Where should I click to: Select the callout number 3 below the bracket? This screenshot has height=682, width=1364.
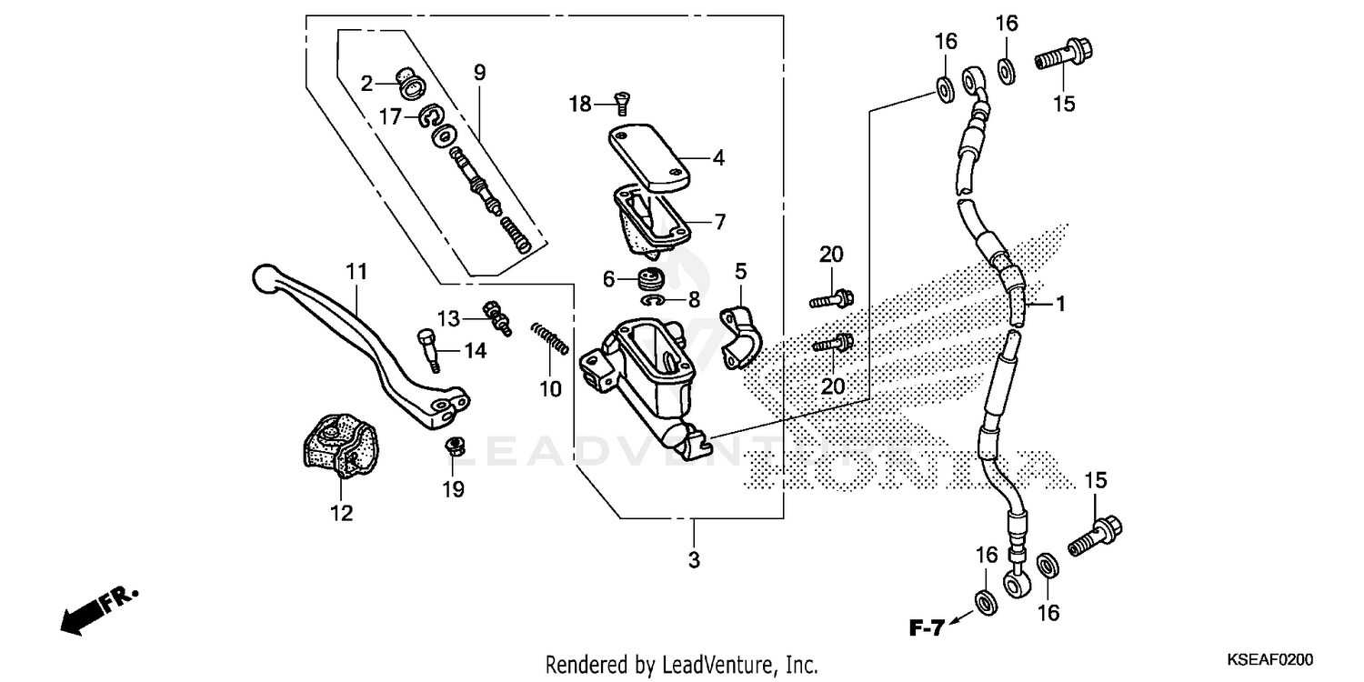click(x=694, y=560)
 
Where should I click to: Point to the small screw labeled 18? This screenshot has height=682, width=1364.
click(x=622, y=103)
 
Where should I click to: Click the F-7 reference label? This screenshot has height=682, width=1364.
click(x=927, y=627)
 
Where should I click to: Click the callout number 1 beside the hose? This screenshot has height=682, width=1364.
click(x=1059, y=306)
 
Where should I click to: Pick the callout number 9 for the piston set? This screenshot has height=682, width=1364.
click(x=479, y=71)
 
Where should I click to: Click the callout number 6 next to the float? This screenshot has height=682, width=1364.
click(x=609, y=278)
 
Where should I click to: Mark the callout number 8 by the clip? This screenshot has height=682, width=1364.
click(x=694, y=300)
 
